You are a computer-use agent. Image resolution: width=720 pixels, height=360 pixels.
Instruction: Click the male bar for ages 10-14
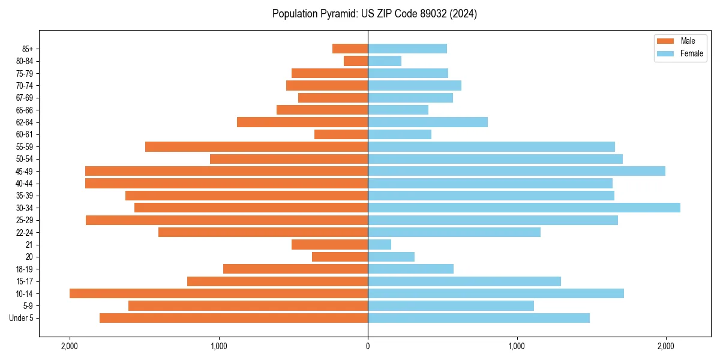click(218, 293)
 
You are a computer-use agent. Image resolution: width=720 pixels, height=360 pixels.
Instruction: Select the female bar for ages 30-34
click(524, 208)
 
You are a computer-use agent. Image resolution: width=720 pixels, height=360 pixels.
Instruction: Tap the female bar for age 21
click(379, 244)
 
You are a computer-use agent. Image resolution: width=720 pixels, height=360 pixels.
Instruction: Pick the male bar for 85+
click(350, 49)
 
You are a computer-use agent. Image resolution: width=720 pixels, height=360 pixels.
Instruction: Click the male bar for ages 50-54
click(289, 159)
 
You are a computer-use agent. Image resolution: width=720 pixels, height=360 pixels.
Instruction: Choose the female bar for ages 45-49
click(516, 171)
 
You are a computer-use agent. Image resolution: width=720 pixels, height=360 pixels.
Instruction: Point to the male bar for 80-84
click(356, 61)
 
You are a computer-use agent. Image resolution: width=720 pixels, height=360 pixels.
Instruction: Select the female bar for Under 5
click(478, 318)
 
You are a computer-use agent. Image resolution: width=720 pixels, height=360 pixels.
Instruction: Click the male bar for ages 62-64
click(302, 122)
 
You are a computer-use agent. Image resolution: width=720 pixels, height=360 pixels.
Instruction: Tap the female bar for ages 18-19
click(410, 269)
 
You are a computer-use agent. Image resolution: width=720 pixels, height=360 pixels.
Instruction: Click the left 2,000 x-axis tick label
click(70, 346)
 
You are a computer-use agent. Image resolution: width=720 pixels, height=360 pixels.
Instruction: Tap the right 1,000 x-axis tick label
click(517, 346)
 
